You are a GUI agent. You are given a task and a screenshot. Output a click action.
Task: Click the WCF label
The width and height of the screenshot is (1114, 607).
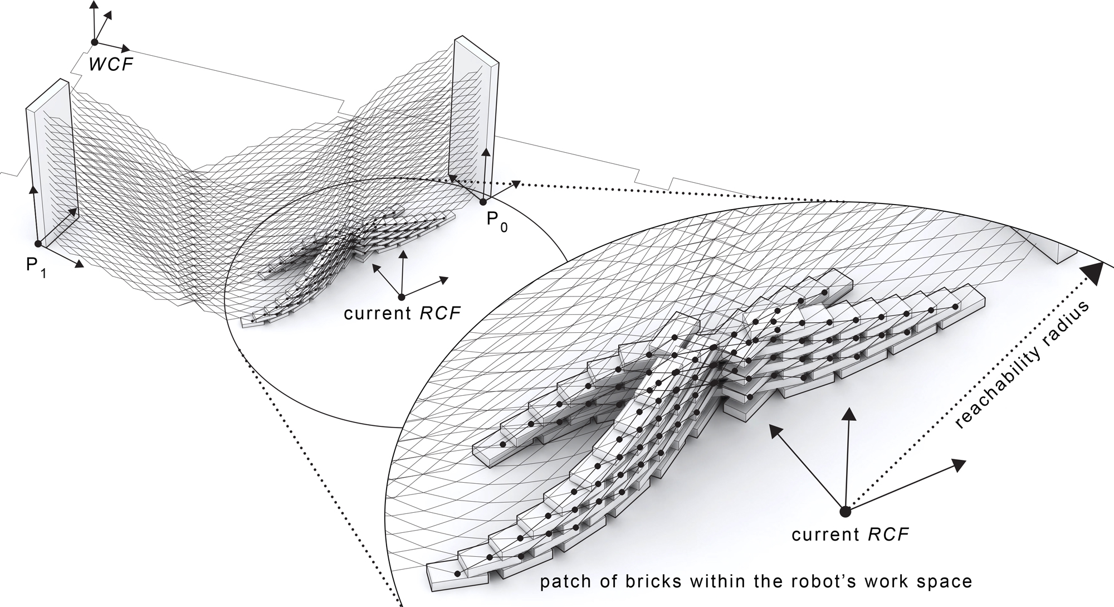point(111,64)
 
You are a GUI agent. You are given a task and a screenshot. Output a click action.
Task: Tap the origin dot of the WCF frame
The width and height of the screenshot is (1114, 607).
point(95,42)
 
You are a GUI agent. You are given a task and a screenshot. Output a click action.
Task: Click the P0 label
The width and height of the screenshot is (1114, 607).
point(497,221)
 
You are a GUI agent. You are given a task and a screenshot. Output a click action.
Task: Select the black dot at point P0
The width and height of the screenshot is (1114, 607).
point(483,201)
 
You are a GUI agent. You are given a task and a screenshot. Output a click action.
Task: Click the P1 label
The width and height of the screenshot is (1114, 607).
point(36,266)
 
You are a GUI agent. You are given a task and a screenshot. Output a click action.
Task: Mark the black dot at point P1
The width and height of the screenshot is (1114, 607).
point(38,244)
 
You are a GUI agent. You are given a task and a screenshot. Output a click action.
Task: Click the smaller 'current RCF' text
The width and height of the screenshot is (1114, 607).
point(402,313)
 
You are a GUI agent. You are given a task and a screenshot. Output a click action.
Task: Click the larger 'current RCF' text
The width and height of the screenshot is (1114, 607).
point(850,535)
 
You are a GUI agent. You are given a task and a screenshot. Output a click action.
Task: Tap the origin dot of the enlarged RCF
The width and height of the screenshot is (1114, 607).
point(845,511)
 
